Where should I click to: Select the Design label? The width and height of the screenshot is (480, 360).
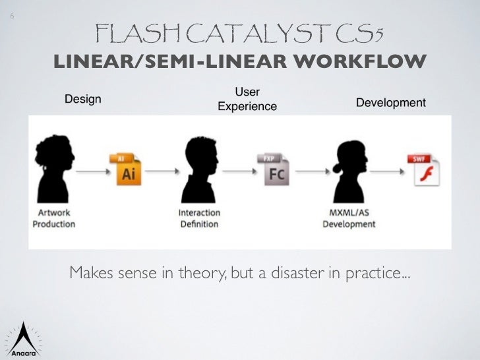(x=82, y=100)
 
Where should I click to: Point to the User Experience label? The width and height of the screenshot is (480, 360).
(x=247, y=100)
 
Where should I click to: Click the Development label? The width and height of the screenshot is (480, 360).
(x=390, y=103)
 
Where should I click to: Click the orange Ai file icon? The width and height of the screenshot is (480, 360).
(x=127, y=169)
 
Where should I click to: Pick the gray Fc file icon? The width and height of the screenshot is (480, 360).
(x=274, y=169)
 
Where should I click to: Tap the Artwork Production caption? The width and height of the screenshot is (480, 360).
(x=54, y=218)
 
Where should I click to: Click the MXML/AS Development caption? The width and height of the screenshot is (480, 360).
(x=349, y=218)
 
